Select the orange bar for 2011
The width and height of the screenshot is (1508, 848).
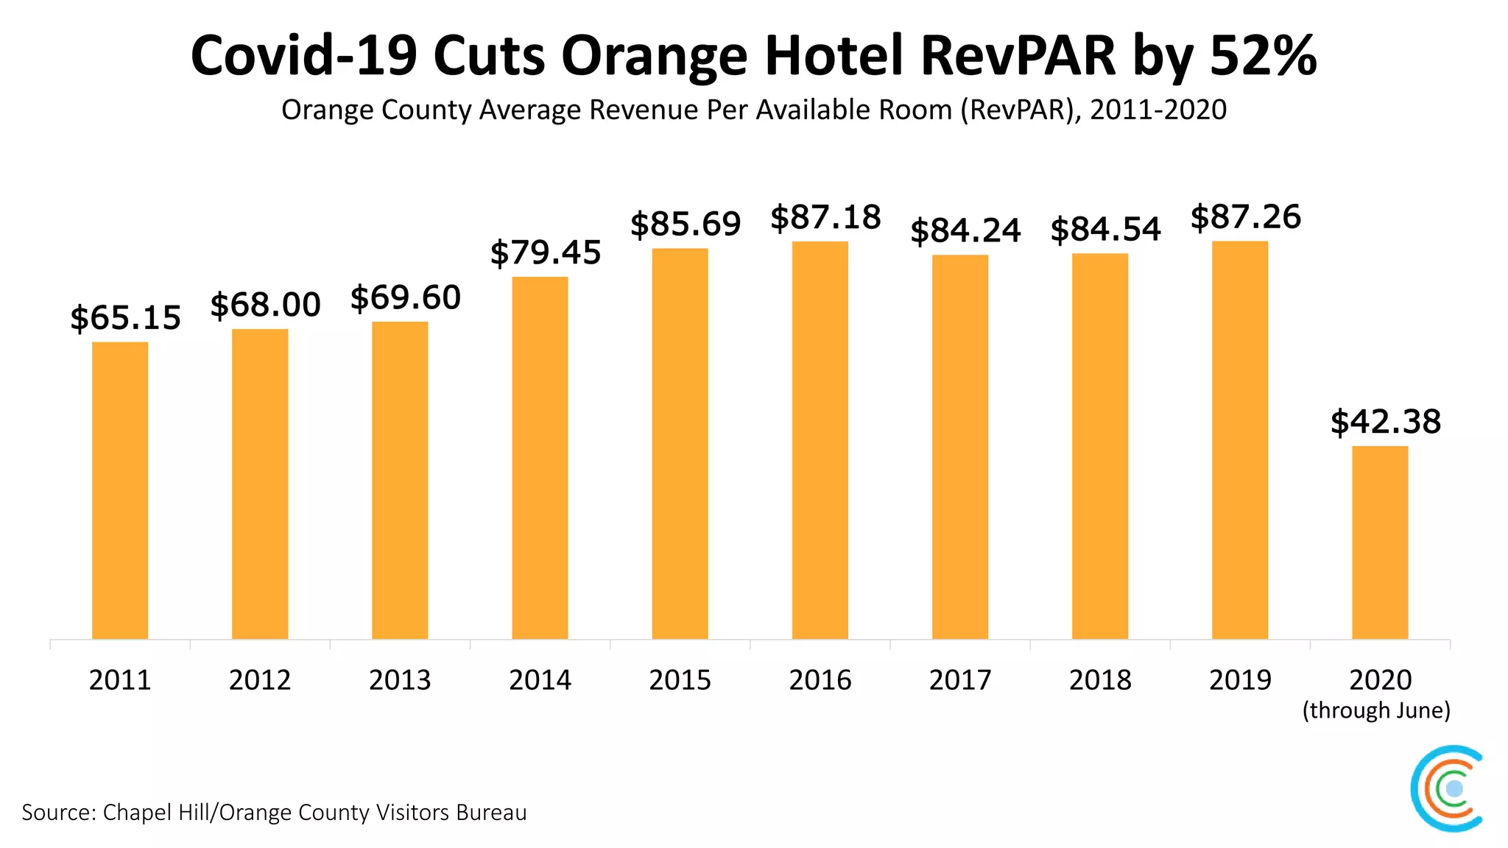tap(120, 490)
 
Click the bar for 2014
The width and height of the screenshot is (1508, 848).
tap(540, 458)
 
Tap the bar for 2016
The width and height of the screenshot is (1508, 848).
tap(820, 440)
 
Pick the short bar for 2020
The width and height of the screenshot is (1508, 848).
tap(1380, 543)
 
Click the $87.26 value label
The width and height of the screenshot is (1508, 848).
tap(1246, 217)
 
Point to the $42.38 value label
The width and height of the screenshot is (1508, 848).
tap(1385, 422)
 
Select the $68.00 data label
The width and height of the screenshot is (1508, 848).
tap(265, 305)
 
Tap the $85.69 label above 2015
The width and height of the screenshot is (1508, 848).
tap(686, 224)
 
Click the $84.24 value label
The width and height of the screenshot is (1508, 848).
tap(965, 230)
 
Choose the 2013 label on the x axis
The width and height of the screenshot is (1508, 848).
tap(400, 679)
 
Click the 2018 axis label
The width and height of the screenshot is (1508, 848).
tap(1100, 679)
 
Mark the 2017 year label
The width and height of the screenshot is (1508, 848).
tap(960, 679)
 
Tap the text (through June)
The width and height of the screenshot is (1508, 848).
tap(1376, 710)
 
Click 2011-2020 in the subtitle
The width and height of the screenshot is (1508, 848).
tap(1158, 110)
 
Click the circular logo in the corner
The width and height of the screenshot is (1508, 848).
tap(1446, 788)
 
